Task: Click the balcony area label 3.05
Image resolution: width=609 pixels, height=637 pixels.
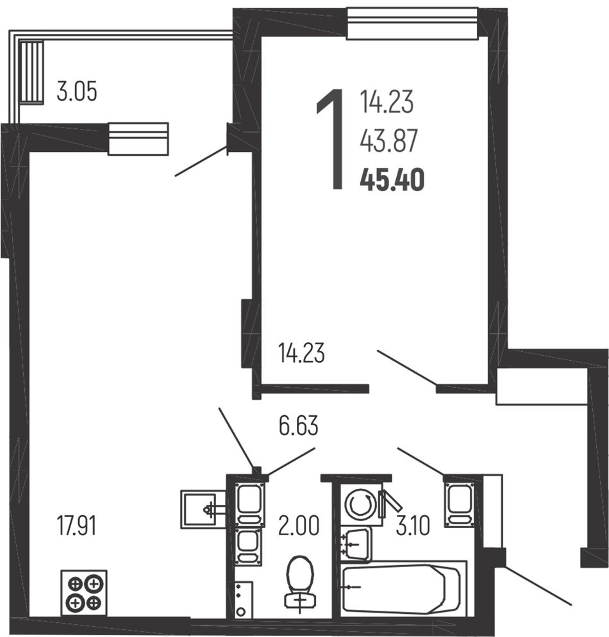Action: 77,92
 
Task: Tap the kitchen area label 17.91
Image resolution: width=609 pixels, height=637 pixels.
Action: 77,525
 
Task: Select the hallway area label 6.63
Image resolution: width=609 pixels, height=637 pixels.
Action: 299,426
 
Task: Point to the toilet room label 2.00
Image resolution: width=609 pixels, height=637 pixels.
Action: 299,525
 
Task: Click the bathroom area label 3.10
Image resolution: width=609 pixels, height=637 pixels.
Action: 413,525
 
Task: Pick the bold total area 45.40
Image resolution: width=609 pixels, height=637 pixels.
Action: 392,180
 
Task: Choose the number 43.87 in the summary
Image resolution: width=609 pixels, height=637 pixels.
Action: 389,141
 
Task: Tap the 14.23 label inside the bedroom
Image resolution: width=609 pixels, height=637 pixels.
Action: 301,353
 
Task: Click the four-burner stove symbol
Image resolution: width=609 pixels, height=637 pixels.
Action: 84,593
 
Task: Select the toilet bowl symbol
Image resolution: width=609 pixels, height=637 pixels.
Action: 300,584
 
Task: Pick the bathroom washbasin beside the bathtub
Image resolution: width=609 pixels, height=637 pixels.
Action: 356,544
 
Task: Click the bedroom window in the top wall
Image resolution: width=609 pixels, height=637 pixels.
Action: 412,24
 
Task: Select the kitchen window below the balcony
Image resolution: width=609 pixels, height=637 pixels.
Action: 138,138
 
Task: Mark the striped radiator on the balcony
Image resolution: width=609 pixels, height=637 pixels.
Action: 31,72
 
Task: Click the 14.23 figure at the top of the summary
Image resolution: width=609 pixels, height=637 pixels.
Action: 387,102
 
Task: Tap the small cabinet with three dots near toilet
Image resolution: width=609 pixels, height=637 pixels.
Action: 243,600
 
